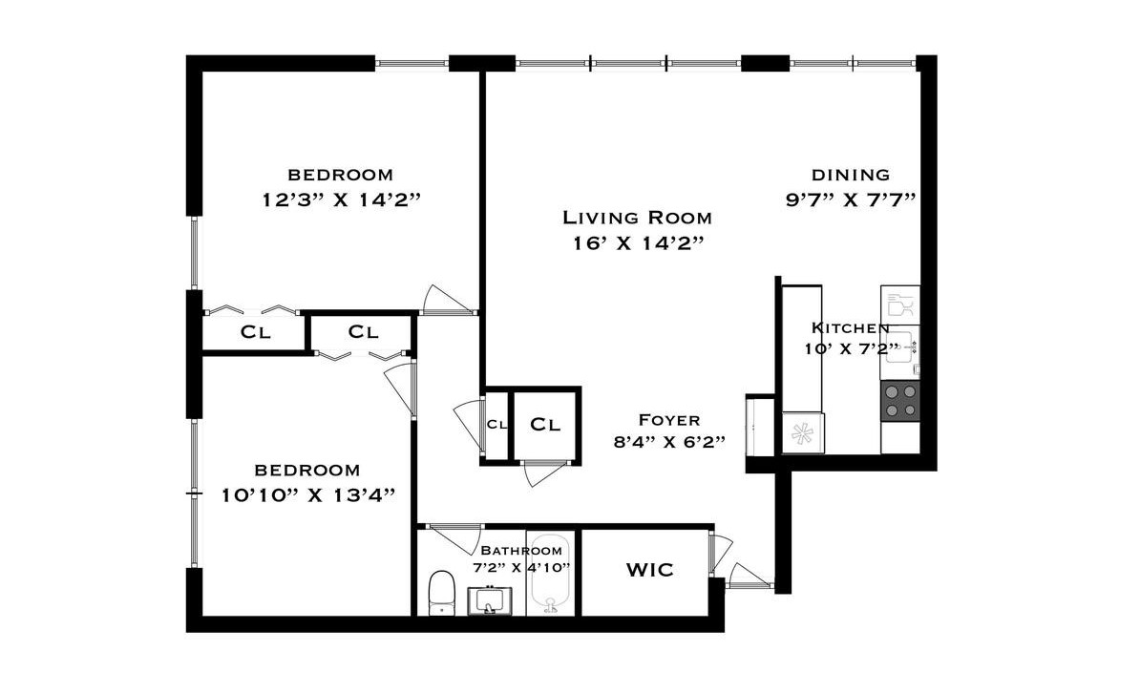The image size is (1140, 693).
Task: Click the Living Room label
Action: pyautogui.click(x=638, y=218)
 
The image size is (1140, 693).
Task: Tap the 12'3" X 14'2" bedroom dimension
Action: pyautogui.click(x=342, y=199)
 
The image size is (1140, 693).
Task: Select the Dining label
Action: pyautogui.click(x=851, y=176)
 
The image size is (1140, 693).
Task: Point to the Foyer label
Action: pyautogui.click(x=669, y=420)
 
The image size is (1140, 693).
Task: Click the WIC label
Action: pyautogui.click(x=650, y=570)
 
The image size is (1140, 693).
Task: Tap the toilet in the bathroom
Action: pyautogui.click(x=441, y=593)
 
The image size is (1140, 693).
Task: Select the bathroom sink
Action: pyautogui.click(x=489, y=600)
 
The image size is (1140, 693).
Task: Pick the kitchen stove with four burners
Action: pyautogui.click(x=900, y=401)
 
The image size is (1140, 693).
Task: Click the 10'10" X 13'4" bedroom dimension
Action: pyautogui.click(x=308, y=495)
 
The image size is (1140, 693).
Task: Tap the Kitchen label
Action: pyautogui.click(x=850, y=328)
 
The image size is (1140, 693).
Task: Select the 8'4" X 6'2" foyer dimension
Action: pyautogui.click(x=669, y=442)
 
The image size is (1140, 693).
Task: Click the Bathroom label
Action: pyautogui.click(x=521, y=551)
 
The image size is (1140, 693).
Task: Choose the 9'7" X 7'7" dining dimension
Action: pyautogui.click(x=851, y=199)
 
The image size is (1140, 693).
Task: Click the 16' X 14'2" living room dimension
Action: pyautogui.click(x=638, y=243)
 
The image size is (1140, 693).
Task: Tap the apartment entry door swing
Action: pyautogui.click(x=748, y=575)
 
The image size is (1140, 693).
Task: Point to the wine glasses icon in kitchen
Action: pyautogui.click(x=900, y=304)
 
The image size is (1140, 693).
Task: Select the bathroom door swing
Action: pyautogui.click(x=455, y=538)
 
